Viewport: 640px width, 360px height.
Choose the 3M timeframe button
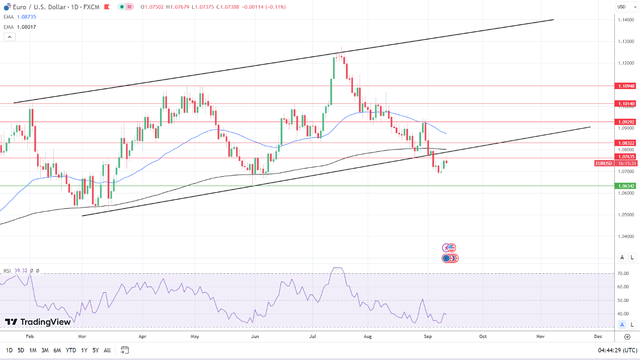[x=45, y=350]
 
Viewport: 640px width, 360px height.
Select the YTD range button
[x=71, y=350]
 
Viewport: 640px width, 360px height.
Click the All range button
[x=107, y=350]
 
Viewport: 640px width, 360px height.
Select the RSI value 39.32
[x=21, y=270]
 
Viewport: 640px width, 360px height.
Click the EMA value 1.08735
[x=26, y=17]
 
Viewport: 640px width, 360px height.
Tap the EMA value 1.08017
[x=26, y=27]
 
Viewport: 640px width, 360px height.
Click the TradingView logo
[x=38, y=322]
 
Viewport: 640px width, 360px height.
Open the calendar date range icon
[x=124, y=350]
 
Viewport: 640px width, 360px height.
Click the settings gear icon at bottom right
[x=627, y=336]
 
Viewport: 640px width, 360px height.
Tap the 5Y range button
[x=95, y=350]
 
